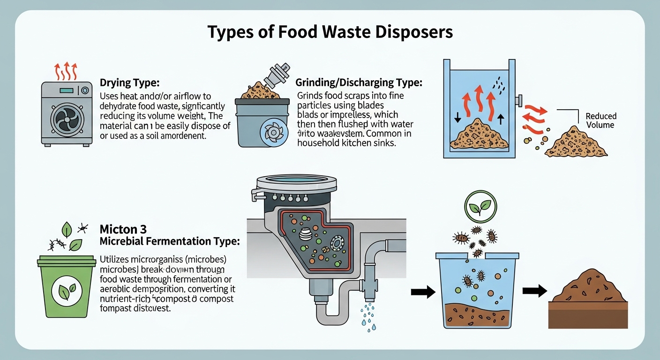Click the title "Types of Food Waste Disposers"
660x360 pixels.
330,32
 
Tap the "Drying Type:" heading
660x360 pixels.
130,83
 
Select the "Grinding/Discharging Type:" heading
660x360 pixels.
359,83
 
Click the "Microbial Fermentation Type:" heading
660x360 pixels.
170,241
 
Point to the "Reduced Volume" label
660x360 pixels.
601,120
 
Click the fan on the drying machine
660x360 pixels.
66,120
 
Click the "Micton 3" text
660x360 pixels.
123,229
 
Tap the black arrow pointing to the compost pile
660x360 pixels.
535,292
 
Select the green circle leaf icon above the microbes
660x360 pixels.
480,205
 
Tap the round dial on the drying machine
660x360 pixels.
85,90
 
